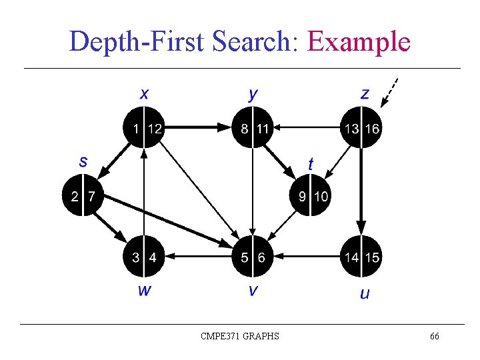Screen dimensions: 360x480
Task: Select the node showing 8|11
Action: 253,128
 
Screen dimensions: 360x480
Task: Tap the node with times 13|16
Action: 361,128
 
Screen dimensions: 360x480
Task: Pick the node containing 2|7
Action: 83,196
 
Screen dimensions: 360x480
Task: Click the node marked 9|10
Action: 312,196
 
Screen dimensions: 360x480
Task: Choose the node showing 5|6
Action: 253,257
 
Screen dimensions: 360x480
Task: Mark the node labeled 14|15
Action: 361,257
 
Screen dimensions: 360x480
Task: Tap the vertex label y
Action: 253,94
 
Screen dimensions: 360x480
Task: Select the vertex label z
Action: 364,94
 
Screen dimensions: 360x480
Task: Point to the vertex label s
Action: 83,161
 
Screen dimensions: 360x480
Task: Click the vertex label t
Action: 311,163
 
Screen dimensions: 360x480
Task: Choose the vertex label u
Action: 364,293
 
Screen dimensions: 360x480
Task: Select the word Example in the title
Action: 358,41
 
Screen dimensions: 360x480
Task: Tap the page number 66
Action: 434,337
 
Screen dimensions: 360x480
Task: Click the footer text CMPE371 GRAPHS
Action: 240,337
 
